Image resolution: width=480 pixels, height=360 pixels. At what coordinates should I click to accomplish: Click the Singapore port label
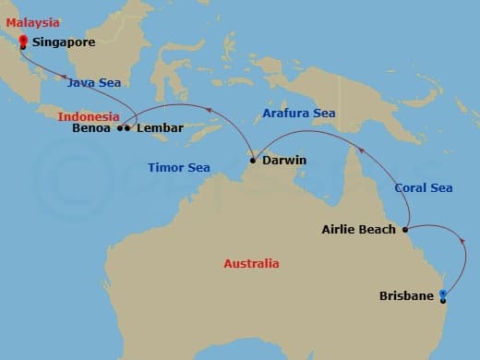click(x=63, y=42)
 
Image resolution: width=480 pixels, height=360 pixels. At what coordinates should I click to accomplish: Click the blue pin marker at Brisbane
click(x=443, y=296)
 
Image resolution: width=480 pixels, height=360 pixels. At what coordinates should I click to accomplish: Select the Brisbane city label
click(x=406, y=296)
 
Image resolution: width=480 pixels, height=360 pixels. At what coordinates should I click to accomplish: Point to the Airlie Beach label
click(x=358, y=229)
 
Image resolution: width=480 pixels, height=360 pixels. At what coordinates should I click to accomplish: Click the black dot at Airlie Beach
click(x=403, y=229)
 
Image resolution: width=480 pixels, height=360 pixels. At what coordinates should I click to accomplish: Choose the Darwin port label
click(x=284, y=161)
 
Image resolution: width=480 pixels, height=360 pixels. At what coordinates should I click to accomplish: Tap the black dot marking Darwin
click(x=252, y=161)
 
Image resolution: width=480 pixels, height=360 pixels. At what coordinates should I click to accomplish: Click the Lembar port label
click(x=160, y=128)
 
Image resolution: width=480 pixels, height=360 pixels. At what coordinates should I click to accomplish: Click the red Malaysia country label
click(x=32, y=22)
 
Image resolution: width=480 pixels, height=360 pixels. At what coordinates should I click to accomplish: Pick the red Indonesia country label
click(x=88, y=116)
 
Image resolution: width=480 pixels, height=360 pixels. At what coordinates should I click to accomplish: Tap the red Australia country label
click(x=250, y=264)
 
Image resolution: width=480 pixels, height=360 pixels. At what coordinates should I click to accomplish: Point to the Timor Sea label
click(x=179, y=167)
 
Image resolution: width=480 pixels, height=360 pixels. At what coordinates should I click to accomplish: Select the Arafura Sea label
click(x=297, y=113)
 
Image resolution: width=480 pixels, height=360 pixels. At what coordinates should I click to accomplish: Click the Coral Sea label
click(x=423, y=187)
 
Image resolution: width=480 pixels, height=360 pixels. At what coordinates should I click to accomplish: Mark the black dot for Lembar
click(x=127, y=128)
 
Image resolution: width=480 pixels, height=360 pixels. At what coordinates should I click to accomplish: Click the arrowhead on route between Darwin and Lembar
click(x=206, y=110)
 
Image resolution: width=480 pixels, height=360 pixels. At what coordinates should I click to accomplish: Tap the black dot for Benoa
click(x=120, y=128)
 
